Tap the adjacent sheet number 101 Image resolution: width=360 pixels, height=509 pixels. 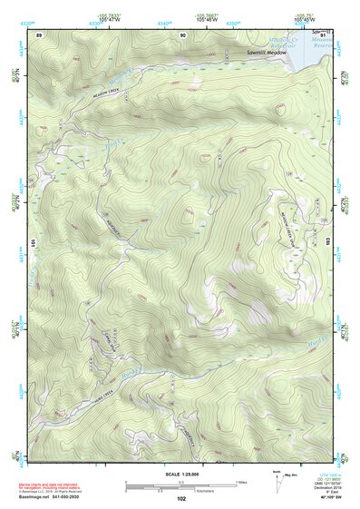[x=31, y=243]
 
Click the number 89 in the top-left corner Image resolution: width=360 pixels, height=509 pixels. [x=39, y=34]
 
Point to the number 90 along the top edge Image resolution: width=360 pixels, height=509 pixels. [x=182, y=34]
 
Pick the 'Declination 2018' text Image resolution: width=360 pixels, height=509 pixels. [x=321, y=486]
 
